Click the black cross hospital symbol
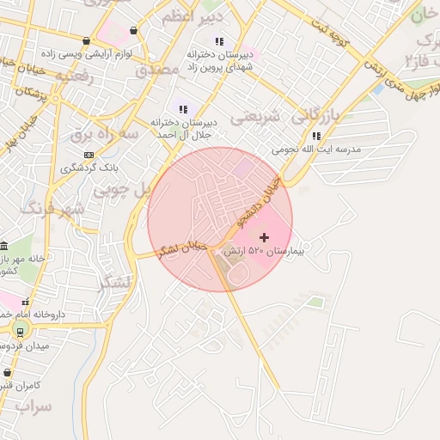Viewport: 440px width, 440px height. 263,237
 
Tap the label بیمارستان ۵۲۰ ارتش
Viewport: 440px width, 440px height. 264,252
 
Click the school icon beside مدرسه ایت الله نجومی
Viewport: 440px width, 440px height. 316,136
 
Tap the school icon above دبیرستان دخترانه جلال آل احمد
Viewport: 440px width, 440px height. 183,109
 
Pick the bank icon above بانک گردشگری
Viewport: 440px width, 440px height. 89,155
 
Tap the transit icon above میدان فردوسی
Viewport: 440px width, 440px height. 20,332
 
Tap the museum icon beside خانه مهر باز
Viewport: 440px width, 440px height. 3,247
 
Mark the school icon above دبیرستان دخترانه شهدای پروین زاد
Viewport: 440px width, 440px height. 219,41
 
